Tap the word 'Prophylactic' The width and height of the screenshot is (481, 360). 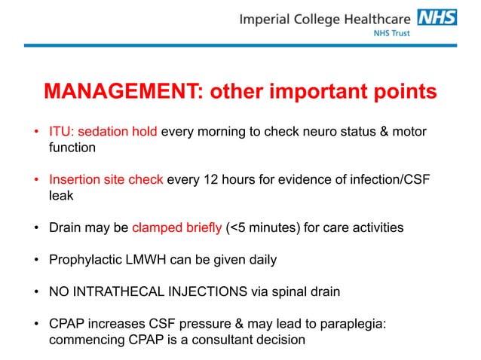pos(83,260)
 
